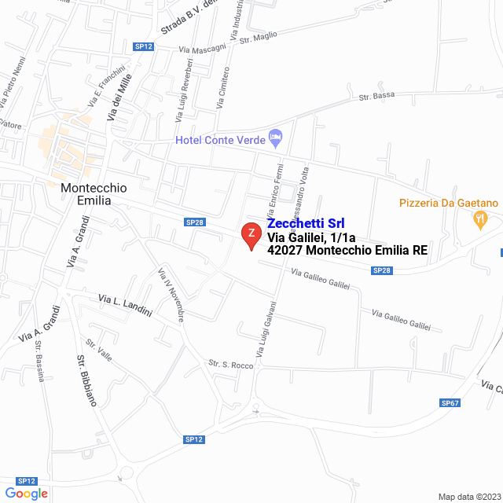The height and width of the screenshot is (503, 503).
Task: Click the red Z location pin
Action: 250,235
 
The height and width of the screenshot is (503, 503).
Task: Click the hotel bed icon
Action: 276,138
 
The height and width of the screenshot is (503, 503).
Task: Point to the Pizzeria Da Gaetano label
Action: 448,204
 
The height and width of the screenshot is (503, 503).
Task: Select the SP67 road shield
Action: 450,403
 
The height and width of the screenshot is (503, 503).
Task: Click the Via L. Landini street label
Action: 125,305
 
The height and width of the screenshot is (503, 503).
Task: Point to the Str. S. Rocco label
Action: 229,365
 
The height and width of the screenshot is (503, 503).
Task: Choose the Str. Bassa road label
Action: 376,97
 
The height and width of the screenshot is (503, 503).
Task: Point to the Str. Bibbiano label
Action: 86,381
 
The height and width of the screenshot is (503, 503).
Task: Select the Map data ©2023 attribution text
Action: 468,497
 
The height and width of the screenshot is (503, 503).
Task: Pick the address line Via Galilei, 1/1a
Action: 311,237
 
